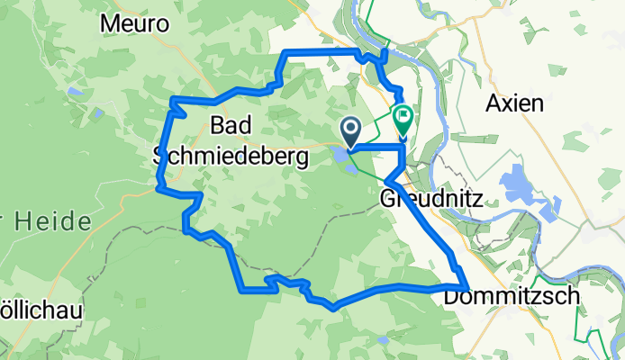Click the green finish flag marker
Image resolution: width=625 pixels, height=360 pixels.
tap(401, 117)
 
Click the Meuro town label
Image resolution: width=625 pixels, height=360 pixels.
tap(135, 24)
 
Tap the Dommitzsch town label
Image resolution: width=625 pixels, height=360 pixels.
tap(497, 295)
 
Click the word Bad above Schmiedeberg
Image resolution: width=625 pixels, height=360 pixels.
tap(230, 123)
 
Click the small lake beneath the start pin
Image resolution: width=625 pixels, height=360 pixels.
tap(343, 157)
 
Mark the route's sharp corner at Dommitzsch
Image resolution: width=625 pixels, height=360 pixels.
tap(465, 286)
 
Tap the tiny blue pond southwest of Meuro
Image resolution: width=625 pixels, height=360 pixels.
tap(75, 92)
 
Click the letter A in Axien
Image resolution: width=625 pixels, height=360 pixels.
tap(493, 103)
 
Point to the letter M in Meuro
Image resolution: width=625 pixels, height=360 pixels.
tap(110, 24)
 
